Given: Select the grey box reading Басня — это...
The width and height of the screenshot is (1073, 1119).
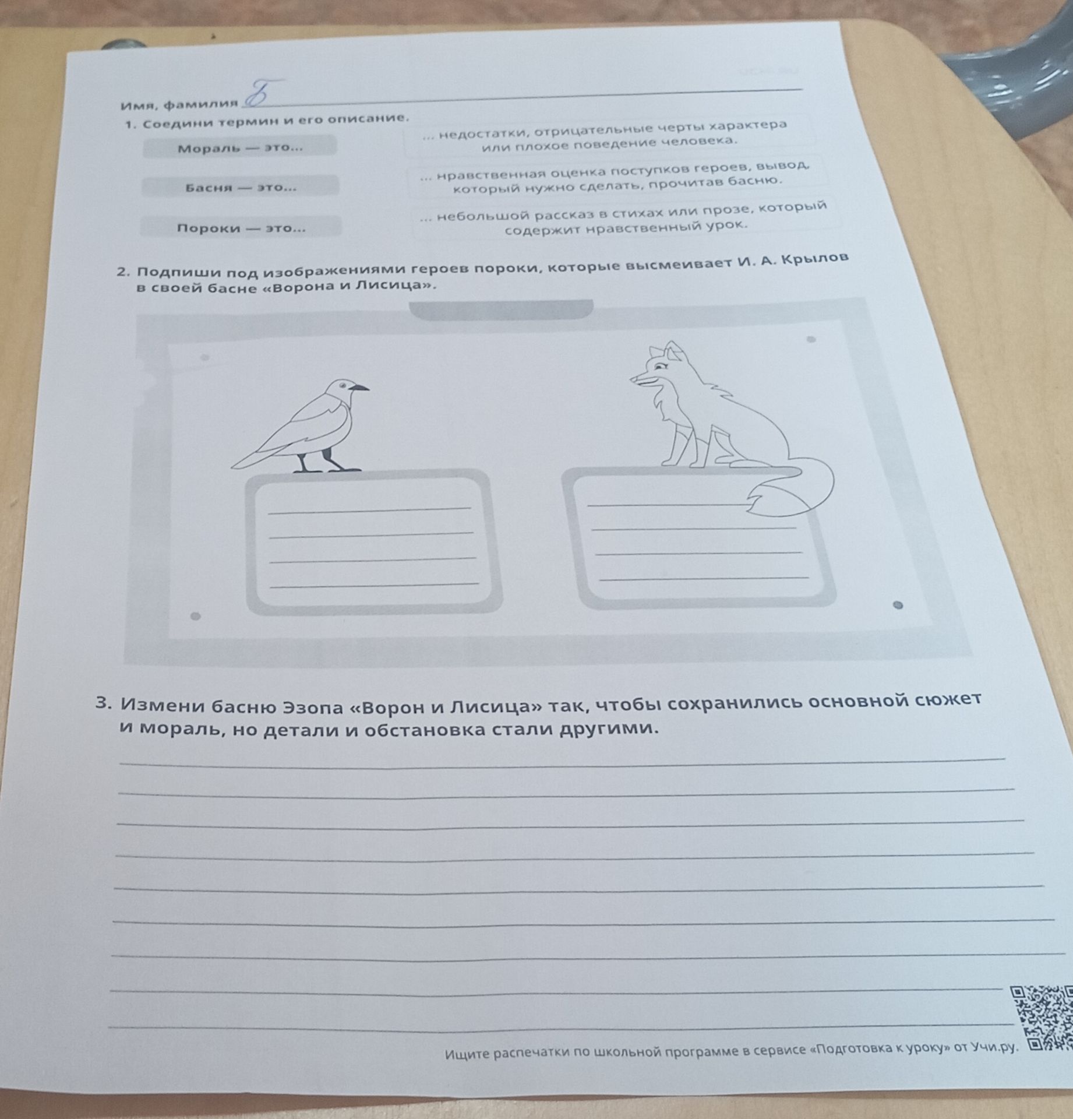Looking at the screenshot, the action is coord(240,186).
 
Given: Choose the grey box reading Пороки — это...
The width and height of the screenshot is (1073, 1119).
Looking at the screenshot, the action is coord(241,226).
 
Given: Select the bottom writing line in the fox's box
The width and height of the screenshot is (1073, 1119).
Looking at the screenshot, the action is coord(704,578).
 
